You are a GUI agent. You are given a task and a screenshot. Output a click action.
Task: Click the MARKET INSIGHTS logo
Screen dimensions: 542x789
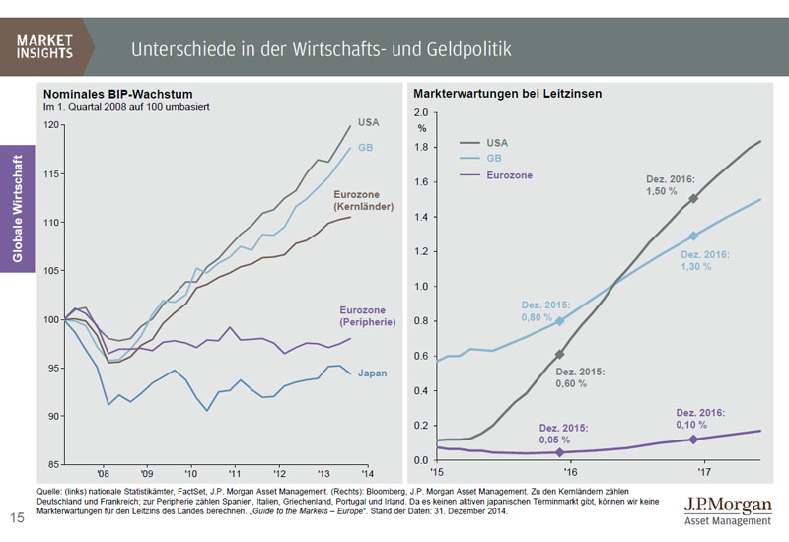point(44,46)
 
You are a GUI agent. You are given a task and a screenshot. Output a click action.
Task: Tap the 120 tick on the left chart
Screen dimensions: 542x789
point(52,126)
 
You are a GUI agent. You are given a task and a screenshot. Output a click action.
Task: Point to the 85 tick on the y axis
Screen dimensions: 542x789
point(55,463)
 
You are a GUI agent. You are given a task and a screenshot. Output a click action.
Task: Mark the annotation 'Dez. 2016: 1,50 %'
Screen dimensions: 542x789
point(671,185)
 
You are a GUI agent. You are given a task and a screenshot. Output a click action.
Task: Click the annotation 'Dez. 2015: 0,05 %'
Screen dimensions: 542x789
point(564,435)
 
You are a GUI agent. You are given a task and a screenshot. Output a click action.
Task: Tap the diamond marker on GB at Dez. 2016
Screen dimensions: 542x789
point(692,236)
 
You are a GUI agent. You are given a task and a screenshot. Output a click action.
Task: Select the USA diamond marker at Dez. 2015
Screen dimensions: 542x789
point(560,354)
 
